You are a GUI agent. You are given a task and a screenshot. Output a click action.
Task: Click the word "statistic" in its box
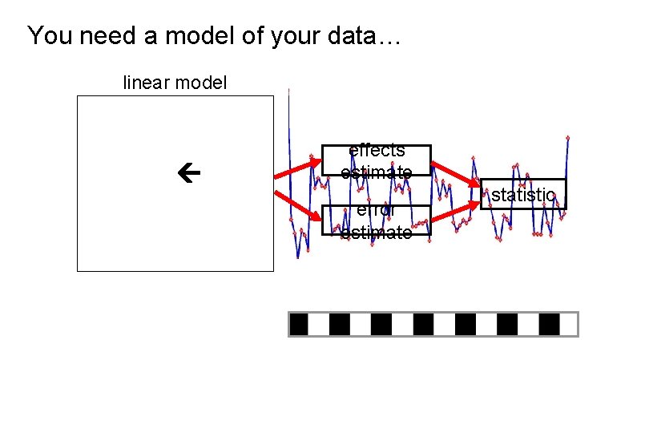523,195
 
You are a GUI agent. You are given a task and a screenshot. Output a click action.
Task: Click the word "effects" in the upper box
377,151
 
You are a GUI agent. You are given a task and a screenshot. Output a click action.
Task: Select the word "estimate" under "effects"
377,172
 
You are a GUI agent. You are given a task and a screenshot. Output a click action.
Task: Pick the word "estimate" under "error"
377,233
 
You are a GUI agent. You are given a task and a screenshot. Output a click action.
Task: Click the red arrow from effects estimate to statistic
456,181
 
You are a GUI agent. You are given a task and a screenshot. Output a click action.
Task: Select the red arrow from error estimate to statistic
456,211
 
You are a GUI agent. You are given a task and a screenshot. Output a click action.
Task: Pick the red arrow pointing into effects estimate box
298,169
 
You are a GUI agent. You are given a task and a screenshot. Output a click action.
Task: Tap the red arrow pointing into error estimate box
298,204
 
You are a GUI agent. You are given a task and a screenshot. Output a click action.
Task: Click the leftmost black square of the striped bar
299,324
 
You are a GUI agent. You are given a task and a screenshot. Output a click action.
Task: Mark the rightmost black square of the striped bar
550,324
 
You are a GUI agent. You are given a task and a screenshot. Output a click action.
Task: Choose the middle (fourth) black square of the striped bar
424,324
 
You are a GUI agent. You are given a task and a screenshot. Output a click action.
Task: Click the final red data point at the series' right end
567,138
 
